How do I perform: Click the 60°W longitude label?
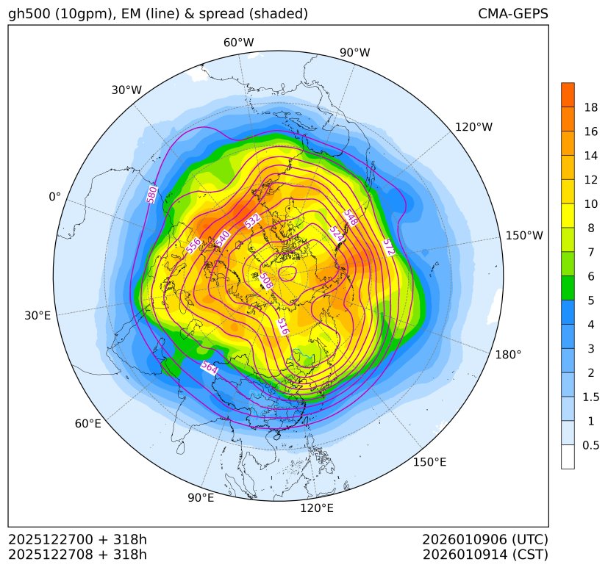pos(238,43)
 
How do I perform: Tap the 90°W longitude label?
pos(354,53)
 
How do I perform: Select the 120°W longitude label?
pos(473,127)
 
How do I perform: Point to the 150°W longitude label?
pos(524,236)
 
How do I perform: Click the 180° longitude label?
pos(508,355)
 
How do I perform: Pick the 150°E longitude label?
pos(429,462)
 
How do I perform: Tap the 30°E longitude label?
pos(37,316)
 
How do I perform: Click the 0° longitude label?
pos(54,197)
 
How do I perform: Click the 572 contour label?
pos(388,248)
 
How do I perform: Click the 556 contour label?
pos(194,246)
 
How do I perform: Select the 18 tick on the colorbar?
pos(590,108)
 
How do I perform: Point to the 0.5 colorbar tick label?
pos(590,445)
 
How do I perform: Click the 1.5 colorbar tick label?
pos(590,397)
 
